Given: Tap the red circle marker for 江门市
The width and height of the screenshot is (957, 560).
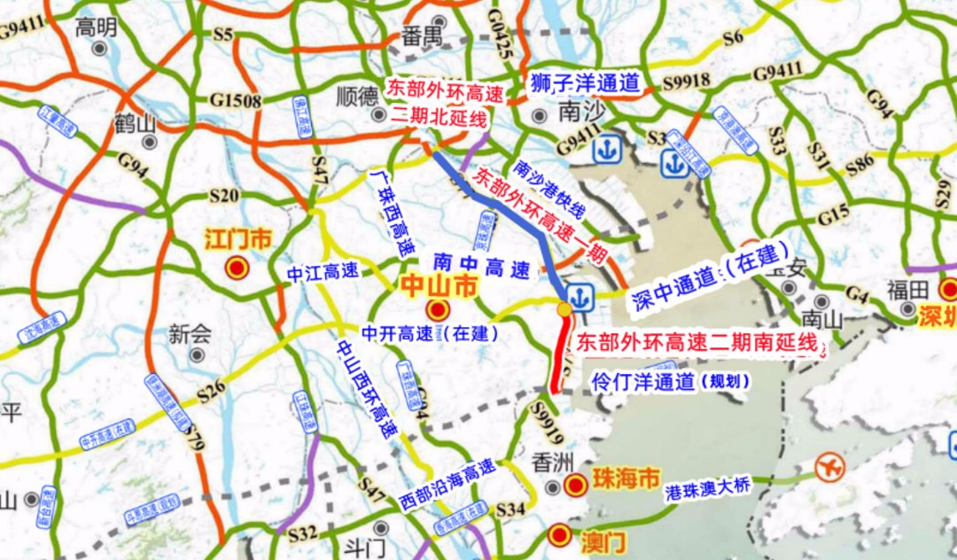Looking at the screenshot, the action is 237,268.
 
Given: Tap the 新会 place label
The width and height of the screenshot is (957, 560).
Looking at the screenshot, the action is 191,334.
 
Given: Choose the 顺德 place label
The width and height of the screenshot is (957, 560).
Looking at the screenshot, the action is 358,96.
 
